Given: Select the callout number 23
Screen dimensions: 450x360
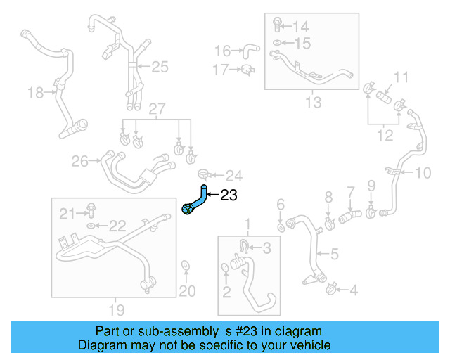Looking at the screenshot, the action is pyautogui.click(x=229, y=195).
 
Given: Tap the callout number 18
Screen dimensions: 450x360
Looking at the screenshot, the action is pyautogui.click(x=34, y=92).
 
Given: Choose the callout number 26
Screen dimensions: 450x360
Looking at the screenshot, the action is pyautogui.click(x=79, y=162).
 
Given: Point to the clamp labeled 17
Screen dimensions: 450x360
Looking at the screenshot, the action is pyautogui.click(x=246, y=69).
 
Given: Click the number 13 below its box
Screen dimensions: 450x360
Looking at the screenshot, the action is pyautogui.click(x=313, y=102).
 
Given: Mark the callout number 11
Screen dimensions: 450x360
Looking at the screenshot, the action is pyautogui.click(x=401, y=77).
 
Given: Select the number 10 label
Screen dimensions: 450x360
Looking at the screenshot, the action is pyautogui.click(x=423, y=173).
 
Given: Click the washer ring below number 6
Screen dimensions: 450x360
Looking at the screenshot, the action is pyautogui.click(x=281, y=227).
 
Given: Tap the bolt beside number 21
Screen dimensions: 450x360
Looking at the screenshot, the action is pyautogui.click(x=91, y=209).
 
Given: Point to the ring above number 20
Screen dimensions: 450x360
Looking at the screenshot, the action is pyautogui.click(x=185, y=266).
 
